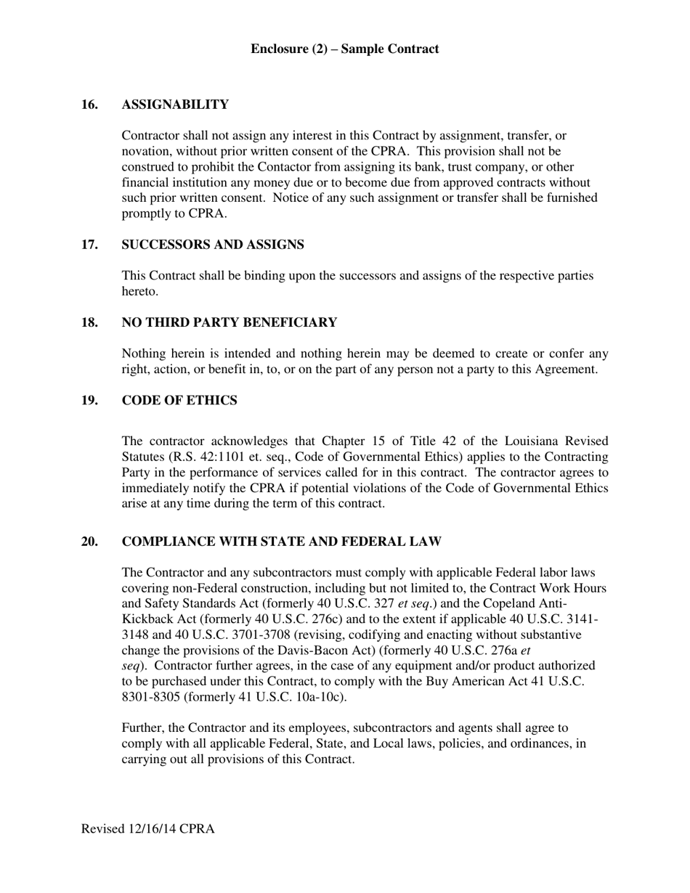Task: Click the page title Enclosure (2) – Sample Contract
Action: [x=344, y=49]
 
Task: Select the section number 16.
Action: [x=89, y=105]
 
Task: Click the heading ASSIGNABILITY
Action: [x=175, y=105]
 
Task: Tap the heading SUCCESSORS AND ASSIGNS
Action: [x=213, y=245]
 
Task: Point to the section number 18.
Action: [x=89, y=322]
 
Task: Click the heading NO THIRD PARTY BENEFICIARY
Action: [x=230, y=322]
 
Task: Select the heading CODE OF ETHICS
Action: [x=179, y=401]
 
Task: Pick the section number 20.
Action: [x=89, y=542]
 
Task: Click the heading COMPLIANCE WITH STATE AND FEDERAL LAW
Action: [x=282, y=542]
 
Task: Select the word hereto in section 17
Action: [x=138, y=291]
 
